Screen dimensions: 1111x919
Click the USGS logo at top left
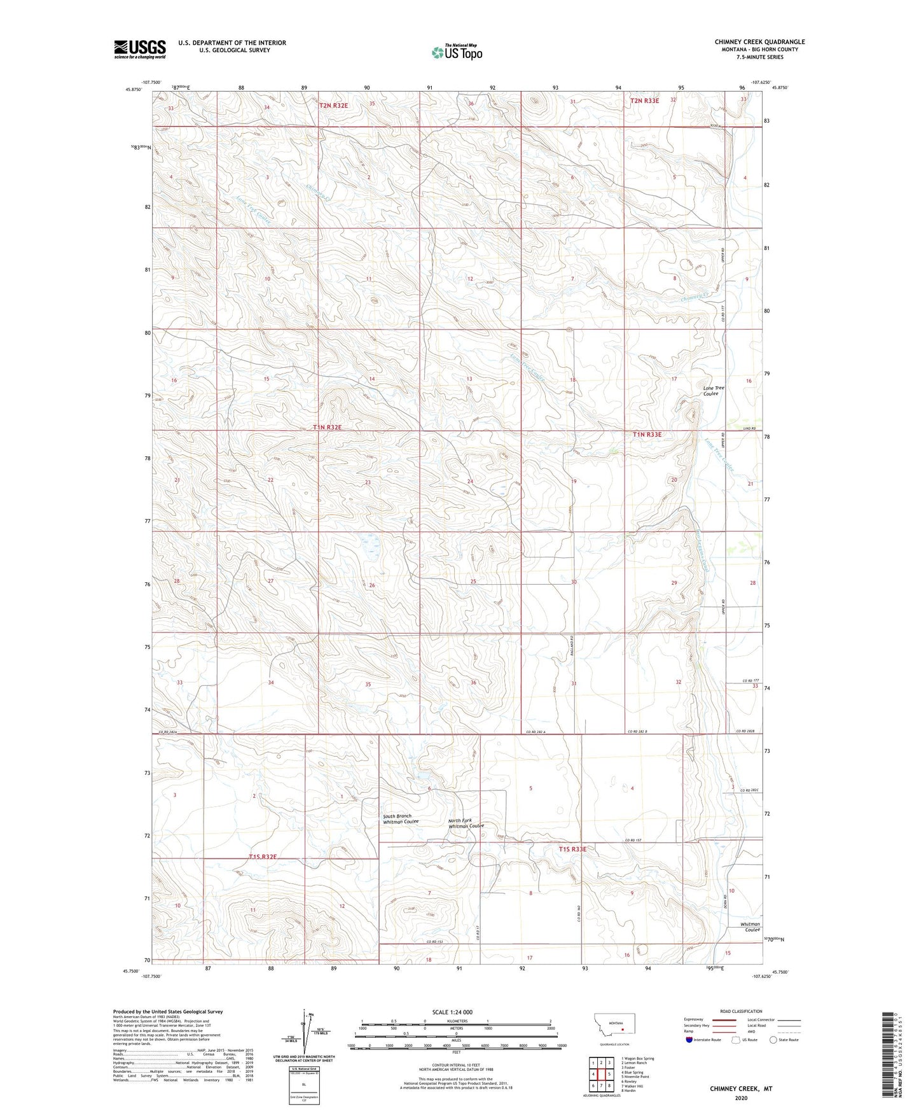click(x=139, y=49)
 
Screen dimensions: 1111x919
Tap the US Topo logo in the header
click(x=457, y=52)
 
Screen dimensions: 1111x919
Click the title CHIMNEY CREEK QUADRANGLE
click(x=759, y=42)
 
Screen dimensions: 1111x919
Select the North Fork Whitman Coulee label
click(x=466, y=823)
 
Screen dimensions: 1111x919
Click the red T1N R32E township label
click(x=328, y=428)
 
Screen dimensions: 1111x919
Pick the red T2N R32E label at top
click(x=333, y=105)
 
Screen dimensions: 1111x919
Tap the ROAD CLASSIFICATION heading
click(x=741, y=1011)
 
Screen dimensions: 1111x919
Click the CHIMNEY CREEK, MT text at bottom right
click(x=741, y=1089)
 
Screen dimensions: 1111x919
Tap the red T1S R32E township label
click(x=263, y=856)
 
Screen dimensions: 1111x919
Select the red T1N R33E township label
click(x=647, y=435)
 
